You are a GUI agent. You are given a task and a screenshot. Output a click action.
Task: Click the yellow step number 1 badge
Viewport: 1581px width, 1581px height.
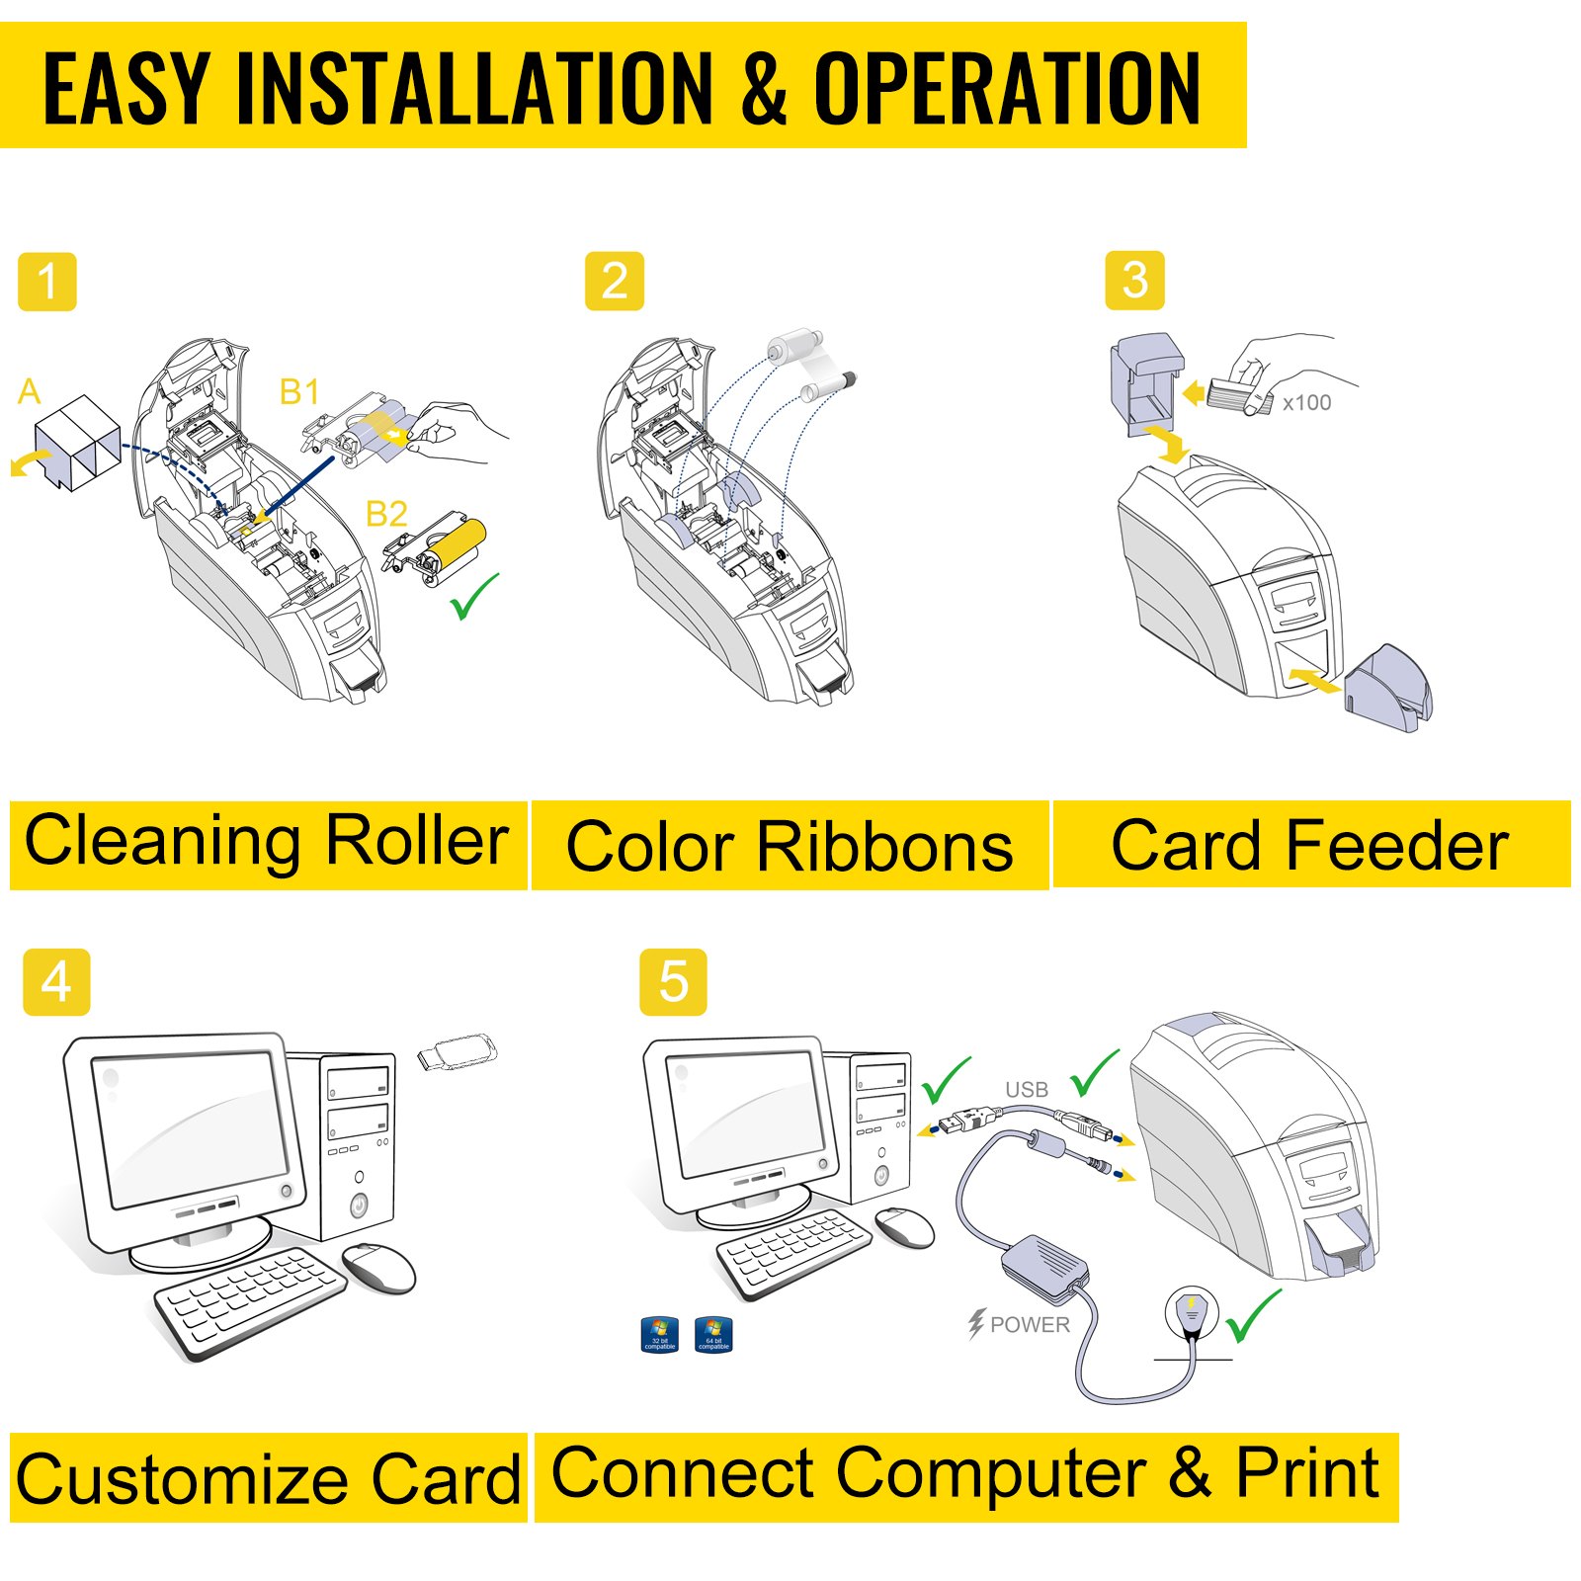click(46, 283)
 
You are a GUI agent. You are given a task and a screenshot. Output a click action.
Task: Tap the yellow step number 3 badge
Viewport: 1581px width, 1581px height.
click(1134, 281)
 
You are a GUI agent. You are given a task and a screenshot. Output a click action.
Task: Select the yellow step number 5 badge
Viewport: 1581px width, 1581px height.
click(673, 982)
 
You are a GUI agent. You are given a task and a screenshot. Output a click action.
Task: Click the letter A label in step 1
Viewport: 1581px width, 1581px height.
click(29, 392)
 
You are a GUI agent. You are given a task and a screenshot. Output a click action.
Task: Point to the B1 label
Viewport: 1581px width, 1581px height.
click(299, 392)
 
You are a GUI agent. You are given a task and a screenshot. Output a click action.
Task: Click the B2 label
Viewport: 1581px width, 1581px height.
click(385, 514)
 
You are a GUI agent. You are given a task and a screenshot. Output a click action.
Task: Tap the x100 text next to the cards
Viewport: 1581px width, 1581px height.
click(1306, 403)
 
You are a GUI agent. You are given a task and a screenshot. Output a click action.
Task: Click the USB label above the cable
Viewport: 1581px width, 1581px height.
click(1026, 1090)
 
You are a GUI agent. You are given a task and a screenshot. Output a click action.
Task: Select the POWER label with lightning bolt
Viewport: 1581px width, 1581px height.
click(1020, 1324)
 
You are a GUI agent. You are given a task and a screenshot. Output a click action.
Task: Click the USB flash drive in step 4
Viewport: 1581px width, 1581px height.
click(457, 1051)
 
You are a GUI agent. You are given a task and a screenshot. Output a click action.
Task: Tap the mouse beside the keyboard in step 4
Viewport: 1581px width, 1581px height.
click(378, 1268)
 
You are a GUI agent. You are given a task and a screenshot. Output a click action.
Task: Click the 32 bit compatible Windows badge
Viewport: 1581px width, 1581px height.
click(659, 1334)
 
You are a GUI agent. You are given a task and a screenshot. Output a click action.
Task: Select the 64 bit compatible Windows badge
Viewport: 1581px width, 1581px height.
click(713, 1334)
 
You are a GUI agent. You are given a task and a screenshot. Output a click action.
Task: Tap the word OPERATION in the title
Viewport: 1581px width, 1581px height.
click(1006, 89)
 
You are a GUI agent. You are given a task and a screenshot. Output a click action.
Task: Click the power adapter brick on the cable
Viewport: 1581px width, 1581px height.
click(1043, 1267)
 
